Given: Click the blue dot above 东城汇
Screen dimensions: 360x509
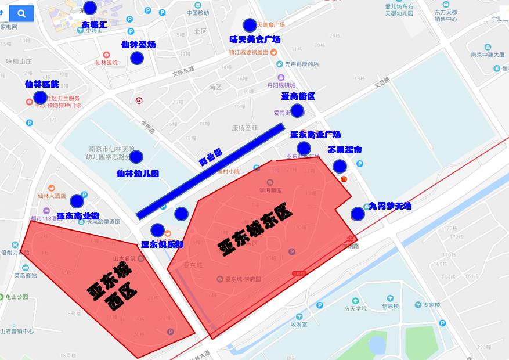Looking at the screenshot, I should [90, 8].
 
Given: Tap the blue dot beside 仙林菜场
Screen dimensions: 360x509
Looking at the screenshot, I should [136, 58].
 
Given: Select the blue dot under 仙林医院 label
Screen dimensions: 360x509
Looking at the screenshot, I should [40, 98].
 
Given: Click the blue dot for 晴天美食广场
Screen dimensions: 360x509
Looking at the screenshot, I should [250, 25].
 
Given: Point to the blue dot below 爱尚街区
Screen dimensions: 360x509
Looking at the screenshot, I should [297, 110].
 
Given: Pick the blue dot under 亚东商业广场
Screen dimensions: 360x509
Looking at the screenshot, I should [304, 148].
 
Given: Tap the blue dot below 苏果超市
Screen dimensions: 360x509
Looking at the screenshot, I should [340, 167].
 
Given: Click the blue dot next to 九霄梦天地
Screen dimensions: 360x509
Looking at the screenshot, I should [358, 214].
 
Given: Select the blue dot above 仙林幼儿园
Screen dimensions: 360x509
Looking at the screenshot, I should [136, 157].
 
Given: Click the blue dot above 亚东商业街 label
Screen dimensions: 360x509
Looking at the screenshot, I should [77, 201].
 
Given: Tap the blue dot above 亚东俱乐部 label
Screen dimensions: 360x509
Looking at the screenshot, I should [157, 230].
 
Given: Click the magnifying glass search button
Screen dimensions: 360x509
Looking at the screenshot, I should [21, 13].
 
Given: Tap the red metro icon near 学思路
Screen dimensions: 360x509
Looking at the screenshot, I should [139, 100].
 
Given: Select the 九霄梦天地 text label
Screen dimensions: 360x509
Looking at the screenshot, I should [390, 206].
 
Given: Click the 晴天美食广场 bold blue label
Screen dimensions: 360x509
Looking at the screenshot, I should [255, 39].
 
